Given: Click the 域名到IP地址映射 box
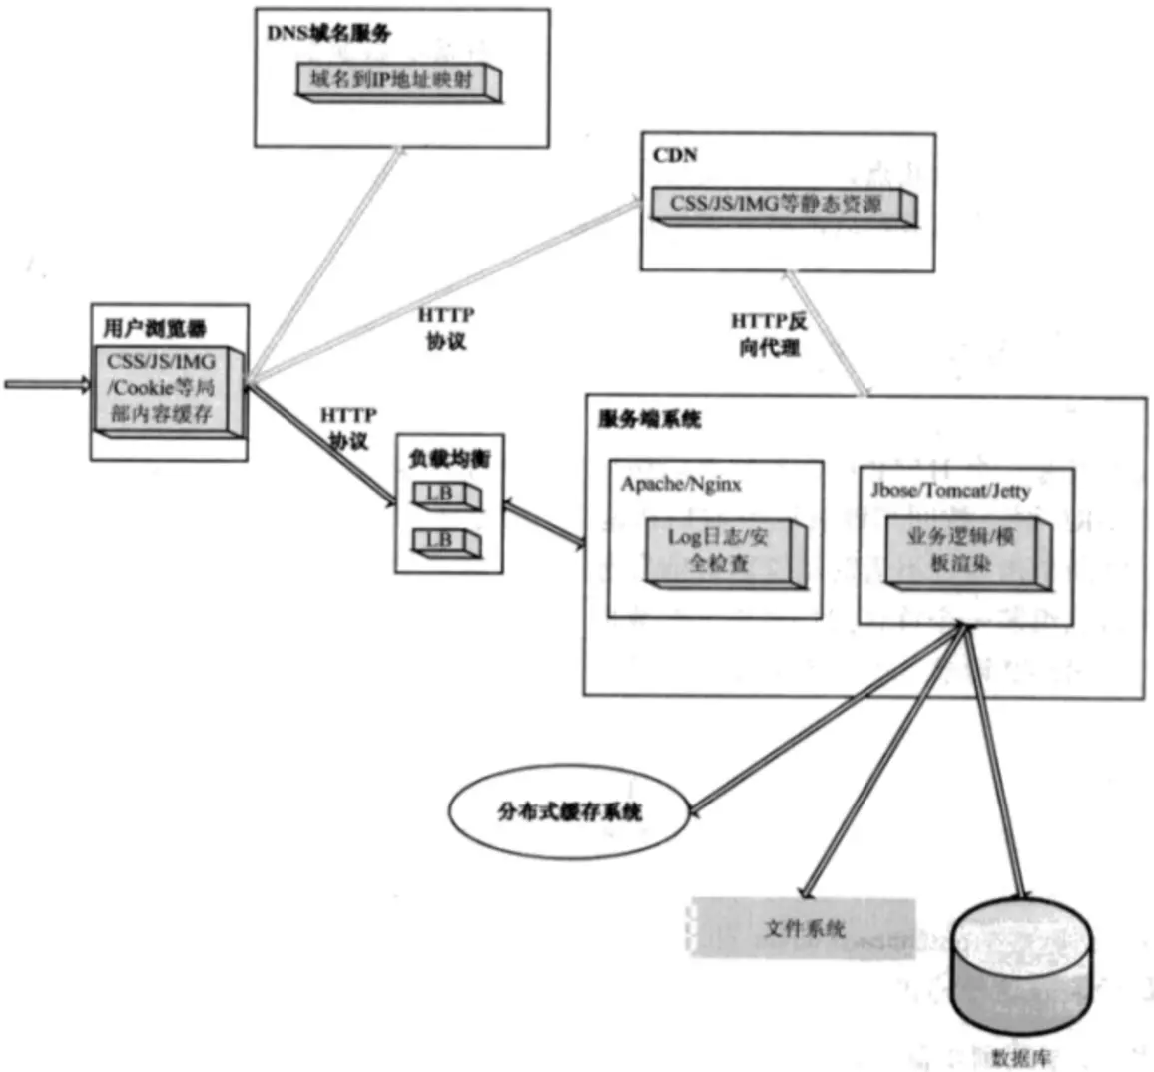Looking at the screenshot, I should [x=397, y=81].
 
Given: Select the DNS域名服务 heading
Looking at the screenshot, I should [x=328, y=33].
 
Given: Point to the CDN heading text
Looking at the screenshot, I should [x=675, y=156].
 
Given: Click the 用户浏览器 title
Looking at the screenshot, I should [x=155, y=328].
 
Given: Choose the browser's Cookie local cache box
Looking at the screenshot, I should [x=163, y=388].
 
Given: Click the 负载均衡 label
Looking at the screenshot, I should [x=449, y=460].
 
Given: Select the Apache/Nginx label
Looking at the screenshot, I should [x=681, y=485].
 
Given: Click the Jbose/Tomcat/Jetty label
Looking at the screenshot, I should [x=950, y=491].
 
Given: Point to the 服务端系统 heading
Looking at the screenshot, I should [x=649, y=420].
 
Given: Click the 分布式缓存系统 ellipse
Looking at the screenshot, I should [x=569, y=811].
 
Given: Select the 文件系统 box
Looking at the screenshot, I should [x=803, y=929].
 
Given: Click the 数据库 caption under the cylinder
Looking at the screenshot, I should [x=1020, y=1057].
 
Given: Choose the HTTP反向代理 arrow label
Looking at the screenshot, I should [x=769, y=335].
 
